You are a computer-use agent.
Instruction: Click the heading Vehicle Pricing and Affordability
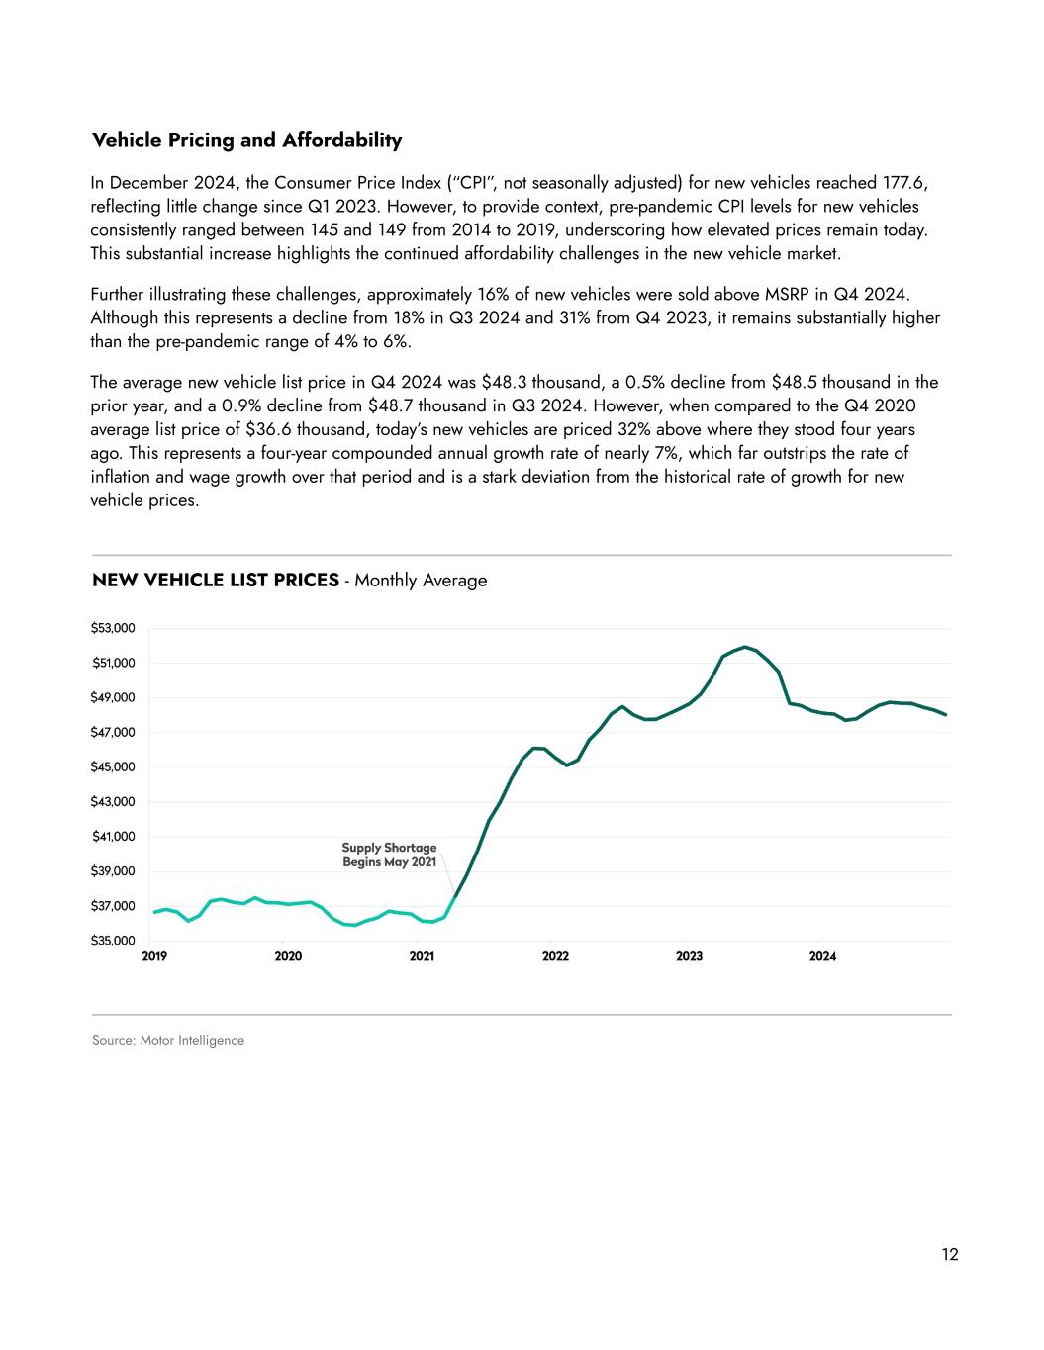click(x=246, y=140)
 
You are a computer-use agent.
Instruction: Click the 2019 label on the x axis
click(x=154, y=956)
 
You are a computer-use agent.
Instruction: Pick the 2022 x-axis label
click(x=555, y=956)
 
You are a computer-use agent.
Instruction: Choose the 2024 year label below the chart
click(x=822, y=956)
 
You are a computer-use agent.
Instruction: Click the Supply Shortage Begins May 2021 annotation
click(x=389, y=855)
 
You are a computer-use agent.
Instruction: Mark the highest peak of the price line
click(x=745, y=647)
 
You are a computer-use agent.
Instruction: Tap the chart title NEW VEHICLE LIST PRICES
click(x=215, y=580)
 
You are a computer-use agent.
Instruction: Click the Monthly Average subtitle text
click(x=421, y=581)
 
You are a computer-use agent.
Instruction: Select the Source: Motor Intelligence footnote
click(x=167, y=1040)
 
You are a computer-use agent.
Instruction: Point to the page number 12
click(x=950, y=1255)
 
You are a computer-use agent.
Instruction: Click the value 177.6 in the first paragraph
click(x=905, y=183)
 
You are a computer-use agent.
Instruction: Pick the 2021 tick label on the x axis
click(x=422, y=956)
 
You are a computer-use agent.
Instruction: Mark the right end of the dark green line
click(x=946, y=714)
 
